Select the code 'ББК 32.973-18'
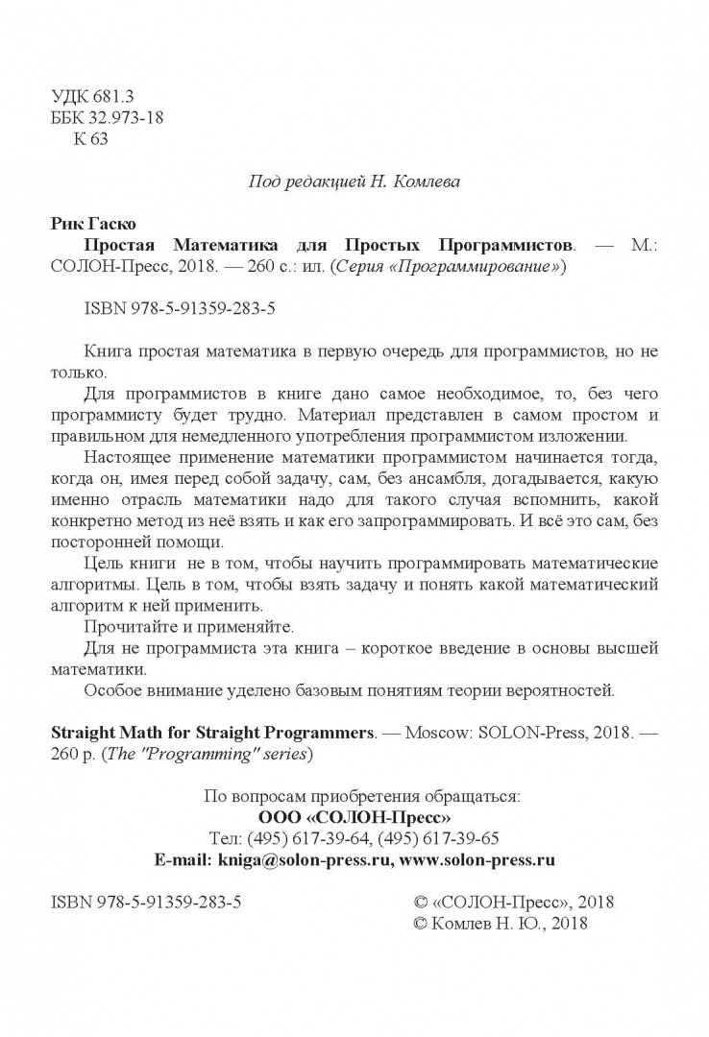click(106, 119)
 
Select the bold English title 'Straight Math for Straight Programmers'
click(210, 732)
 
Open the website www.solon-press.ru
click(477, 859)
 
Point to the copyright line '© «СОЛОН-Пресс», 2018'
click(513, 902)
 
